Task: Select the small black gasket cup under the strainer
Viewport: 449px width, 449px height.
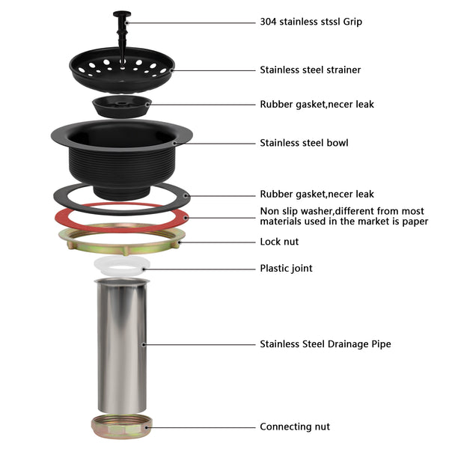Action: [121, 105]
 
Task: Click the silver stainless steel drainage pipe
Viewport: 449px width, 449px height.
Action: [121, 344]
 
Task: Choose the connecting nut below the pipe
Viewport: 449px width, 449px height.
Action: [121, 427]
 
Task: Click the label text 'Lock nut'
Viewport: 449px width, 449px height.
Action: [279, 242]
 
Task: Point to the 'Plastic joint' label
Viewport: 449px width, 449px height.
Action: [286, 268]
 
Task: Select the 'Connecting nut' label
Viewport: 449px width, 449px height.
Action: [295, 427]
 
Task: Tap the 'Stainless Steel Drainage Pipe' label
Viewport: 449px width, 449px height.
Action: [325, 344]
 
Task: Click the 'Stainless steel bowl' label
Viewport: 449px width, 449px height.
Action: [304, 142]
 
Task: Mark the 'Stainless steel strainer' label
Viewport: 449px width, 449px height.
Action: [310, 70]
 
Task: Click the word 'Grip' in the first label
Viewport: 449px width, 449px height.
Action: [351, 22]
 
